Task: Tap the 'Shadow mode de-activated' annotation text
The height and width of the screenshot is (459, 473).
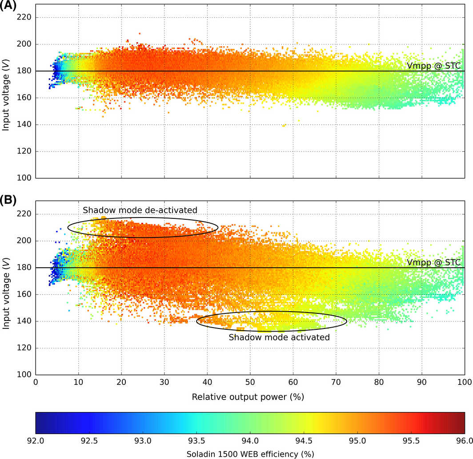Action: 140,210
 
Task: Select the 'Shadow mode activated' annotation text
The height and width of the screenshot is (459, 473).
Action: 279,337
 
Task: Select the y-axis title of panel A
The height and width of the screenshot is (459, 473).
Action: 6,98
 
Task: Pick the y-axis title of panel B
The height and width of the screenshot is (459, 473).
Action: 6,294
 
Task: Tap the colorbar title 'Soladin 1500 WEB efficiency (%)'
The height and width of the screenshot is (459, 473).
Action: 250,454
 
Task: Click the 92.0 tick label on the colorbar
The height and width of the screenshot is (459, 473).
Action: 36,440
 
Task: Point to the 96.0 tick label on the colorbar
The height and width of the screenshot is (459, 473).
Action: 464,440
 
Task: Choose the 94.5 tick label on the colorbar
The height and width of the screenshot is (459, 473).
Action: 304,440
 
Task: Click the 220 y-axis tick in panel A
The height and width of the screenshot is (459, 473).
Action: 23,18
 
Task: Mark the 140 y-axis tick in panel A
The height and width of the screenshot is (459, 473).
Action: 23,125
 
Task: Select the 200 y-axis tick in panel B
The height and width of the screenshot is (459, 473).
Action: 23,241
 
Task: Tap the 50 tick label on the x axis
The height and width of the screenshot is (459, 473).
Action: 250,383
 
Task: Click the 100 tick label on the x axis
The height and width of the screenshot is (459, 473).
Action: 464,383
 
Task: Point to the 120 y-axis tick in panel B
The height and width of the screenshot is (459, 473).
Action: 23,348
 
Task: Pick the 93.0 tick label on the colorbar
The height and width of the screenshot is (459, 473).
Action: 143,440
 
